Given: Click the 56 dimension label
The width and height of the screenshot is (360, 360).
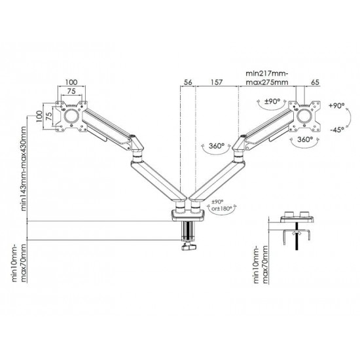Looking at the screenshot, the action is [x=188, y=82].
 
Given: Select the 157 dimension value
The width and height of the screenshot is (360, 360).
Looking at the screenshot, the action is [x=217, y=82].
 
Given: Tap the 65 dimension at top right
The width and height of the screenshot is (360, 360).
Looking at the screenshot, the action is [x=315, y=82].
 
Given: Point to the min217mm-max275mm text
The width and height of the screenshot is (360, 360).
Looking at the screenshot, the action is [x=267, y=78].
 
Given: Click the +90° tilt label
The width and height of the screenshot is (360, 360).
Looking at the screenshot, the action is [x=337, y=105].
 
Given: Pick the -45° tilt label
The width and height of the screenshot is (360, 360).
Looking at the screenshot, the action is [x=337, y=130].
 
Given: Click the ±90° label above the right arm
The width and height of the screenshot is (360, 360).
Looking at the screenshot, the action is [x=272, y=101].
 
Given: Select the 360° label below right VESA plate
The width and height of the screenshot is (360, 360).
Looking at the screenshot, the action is [x=305, y=139].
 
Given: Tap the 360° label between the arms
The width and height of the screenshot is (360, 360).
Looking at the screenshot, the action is [x=217, y=146].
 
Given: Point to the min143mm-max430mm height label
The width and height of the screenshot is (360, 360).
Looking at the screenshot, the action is [x=24, y=168].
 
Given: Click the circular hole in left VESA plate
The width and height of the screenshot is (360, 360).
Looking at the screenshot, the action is [x=71, y=116].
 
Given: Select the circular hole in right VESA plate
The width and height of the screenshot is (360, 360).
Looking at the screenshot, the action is [x=304, y=116].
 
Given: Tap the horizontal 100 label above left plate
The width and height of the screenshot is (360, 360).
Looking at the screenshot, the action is [x=71, y=82].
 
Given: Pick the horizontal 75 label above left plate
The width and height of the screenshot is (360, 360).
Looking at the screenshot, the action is [x=71, y=91].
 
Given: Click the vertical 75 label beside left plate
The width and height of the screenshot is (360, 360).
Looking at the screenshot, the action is [x=48, y=117].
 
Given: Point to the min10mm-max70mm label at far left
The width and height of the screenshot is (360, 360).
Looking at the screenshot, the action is [x=19, y=263].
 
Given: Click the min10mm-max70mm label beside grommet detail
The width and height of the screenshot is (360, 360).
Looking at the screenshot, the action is [x=261, y=264].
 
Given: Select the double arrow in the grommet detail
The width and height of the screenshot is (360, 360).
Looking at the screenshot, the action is [x=297, y=233].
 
